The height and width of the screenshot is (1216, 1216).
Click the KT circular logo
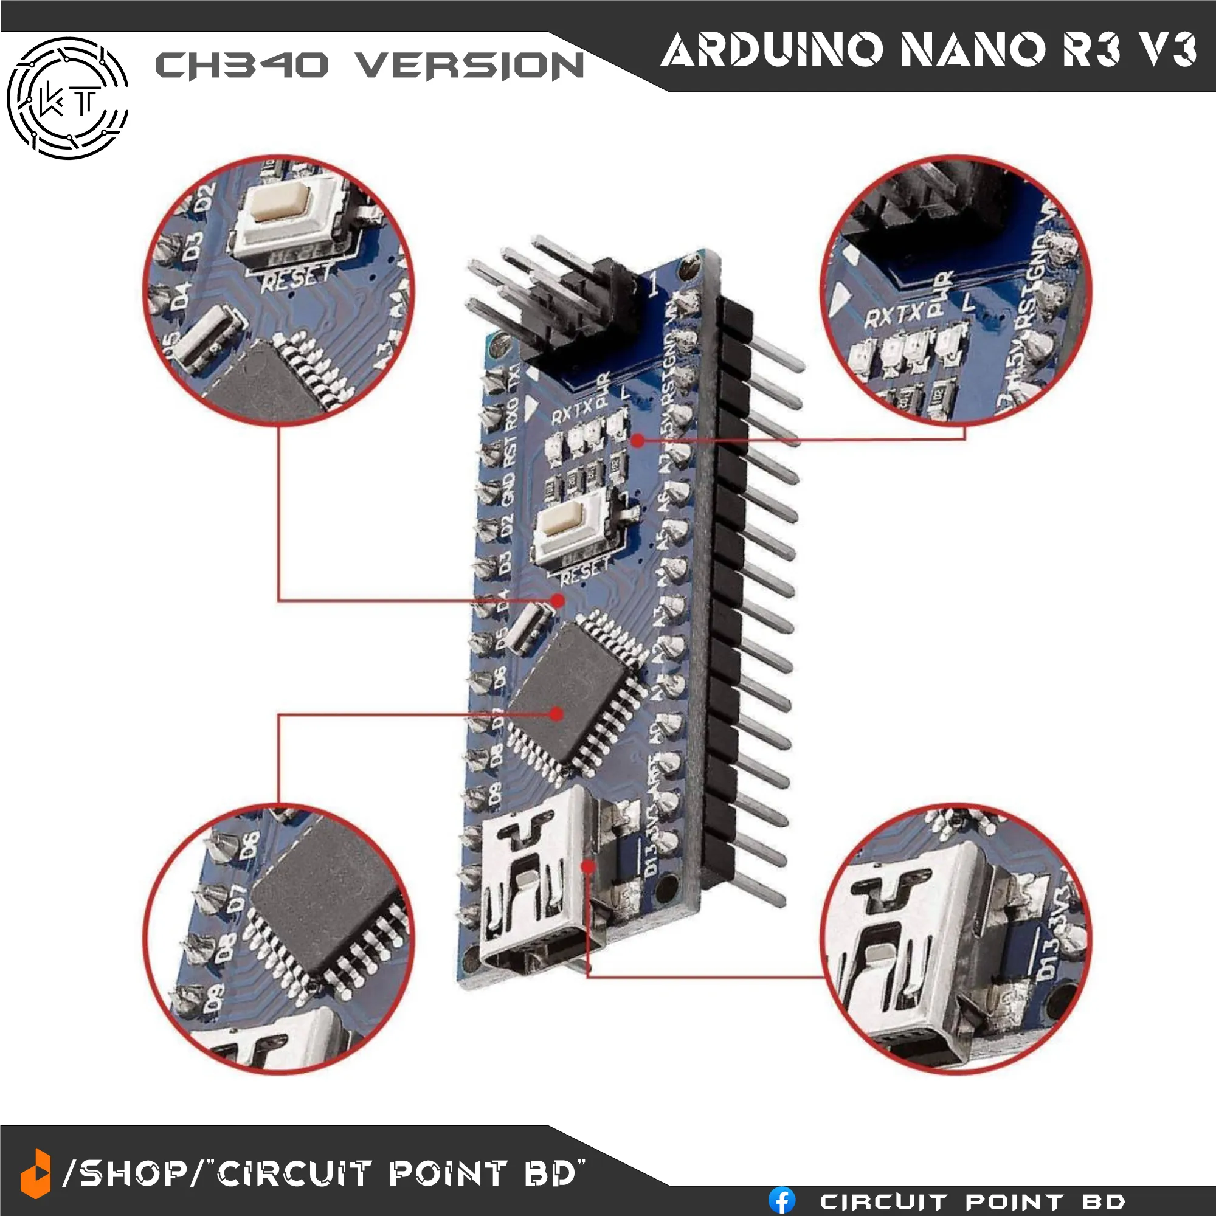click(68, 98)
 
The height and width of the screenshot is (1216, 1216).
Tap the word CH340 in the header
click(242, 65)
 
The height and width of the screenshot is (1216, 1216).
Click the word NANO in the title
click(973, 50)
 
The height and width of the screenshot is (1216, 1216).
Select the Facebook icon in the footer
click(782, 1200)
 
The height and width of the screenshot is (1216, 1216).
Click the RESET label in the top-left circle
click(296, 277)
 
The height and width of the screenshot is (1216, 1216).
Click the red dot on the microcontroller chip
click(556, 714)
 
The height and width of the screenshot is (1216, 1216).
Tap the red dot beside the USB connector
click(588, 866)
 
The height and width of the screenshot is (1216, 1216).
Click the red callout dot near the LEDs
click(637, 441)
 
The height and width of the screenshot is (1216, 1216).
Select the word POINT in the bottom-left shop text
click(447, 1174)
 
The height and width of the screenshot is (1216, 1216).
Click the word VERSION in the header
click(469, 66)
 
